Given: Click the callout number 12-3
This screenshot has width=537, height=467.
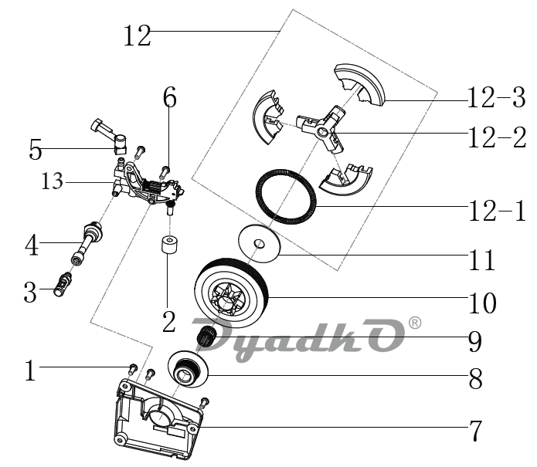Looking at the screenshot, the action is [496, 97].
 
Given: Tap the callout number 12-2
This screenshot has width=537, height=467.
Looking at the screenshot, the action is [497, 137].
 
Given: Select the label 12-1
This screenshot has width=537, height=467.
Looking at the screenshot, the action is [497, 211].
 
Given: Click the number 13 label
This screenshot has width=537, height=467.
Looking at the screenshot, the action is [52, 181].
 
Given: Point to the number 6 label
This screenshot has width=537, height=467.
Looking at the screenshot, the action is [169, 97].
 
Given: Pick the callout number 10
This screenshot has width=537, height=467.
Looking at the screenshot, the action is [482, 303].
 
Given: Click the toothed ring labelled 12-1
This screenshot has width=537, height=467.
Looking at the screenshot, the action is [286, 197].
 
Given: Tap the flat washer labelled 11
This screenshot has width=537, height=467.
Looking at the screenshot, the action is [259, 244].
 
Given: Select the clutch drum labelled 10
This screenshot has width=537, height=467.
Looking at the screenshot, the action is [232, 294].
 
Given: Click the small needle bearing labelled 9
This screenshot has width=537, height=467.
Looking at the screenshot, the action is [206, 337].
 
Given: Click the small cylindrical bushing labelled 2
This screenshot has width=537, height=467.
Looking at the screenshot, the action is [169, 245].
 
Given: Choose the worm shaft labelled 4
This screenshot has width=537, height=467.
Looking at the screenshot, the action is [87, 242].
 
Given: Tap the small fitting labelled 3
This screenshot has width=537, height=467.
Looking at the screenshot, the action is [63, 284].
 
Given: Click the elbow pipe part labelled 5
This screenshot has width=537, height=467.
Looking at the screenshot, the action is [110, 136].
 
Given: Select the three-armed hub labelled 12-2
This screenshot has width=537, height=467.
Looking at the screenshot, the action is [321, 130].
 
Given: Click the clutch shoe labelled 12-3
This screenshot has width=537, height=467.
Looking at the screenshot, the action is [359, 84].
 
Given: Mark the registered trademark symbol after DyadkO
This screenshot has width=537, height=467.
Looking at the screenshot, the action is [415, 323].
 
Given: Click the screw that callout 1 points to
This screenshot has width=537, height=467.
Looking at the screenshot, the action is [133, 369].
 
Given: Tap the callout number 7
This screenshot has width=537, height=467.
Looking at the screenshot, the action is [475, 431].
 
